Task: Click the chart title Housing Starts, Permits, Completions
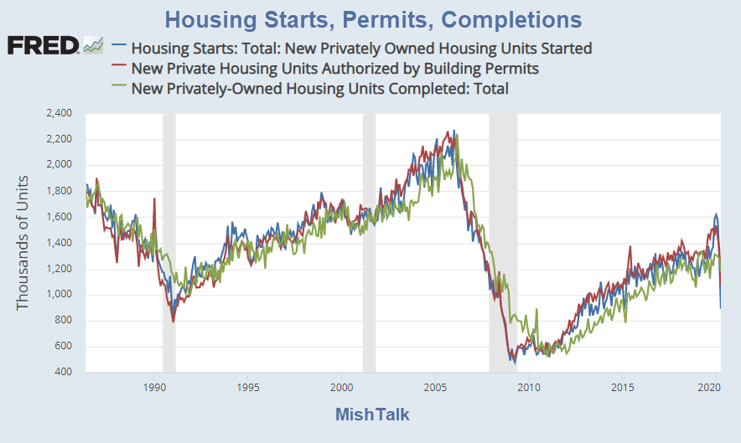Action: coord(374,18)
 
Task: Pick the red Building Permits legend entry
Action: coord(335,68)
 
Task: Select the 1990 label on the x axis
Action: coord(153,388)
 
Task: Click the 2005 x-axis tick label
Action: coord(434,388)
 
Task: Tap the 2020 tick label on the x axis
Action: coord(710,388)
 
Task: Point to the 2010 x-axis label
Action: coord(528,388)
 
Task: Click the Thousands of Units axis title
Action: coord(23,243)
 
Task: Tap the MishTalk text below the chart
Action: coord(372,415)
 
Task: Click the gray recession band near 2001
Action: coord(369,251)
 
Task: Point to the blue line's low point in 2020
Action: coord(720,306)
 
